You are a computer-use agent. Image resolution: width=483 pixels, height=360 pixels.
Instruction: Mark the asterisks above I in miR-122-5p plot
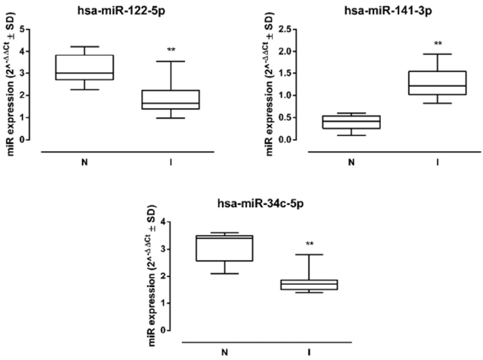pos(171,50)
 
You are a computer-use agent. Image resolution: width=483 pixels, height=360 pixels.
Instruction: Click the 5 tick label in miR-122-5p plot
pos(22,29)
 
